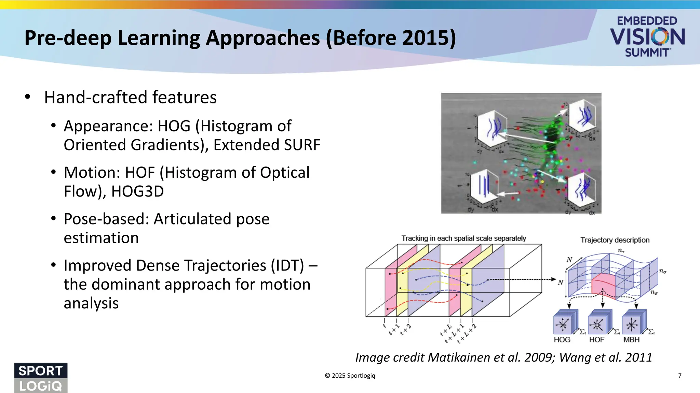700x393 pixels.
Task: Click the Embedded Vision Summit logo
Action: click(x=647, y=37)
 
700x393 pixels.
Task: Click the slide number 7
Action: click(x=679, y=376)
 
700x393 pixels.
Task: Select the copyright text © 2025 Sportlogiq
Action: click(x=350, y=376)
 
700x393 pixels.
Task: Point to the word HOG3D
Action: click(x=137, y=191)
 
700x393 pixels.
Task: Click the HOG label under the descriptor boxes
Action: click(x=562, y=340)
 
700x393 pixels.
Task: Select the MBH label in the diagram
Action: click(x=631, y=340)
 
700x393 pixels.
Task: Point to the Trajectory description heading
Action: click(x=615, y=240)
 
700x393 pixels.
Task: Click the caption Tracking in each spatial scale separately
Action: click(x=463, y=238)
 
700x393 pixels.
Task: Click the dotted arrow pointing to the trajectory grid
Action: click(x=523, y=279)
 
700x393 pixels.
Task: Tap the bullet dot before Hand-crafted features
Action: click(x=28, y=97)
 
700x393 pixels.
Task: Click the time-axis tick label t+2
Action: click(x=406, y=330)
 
